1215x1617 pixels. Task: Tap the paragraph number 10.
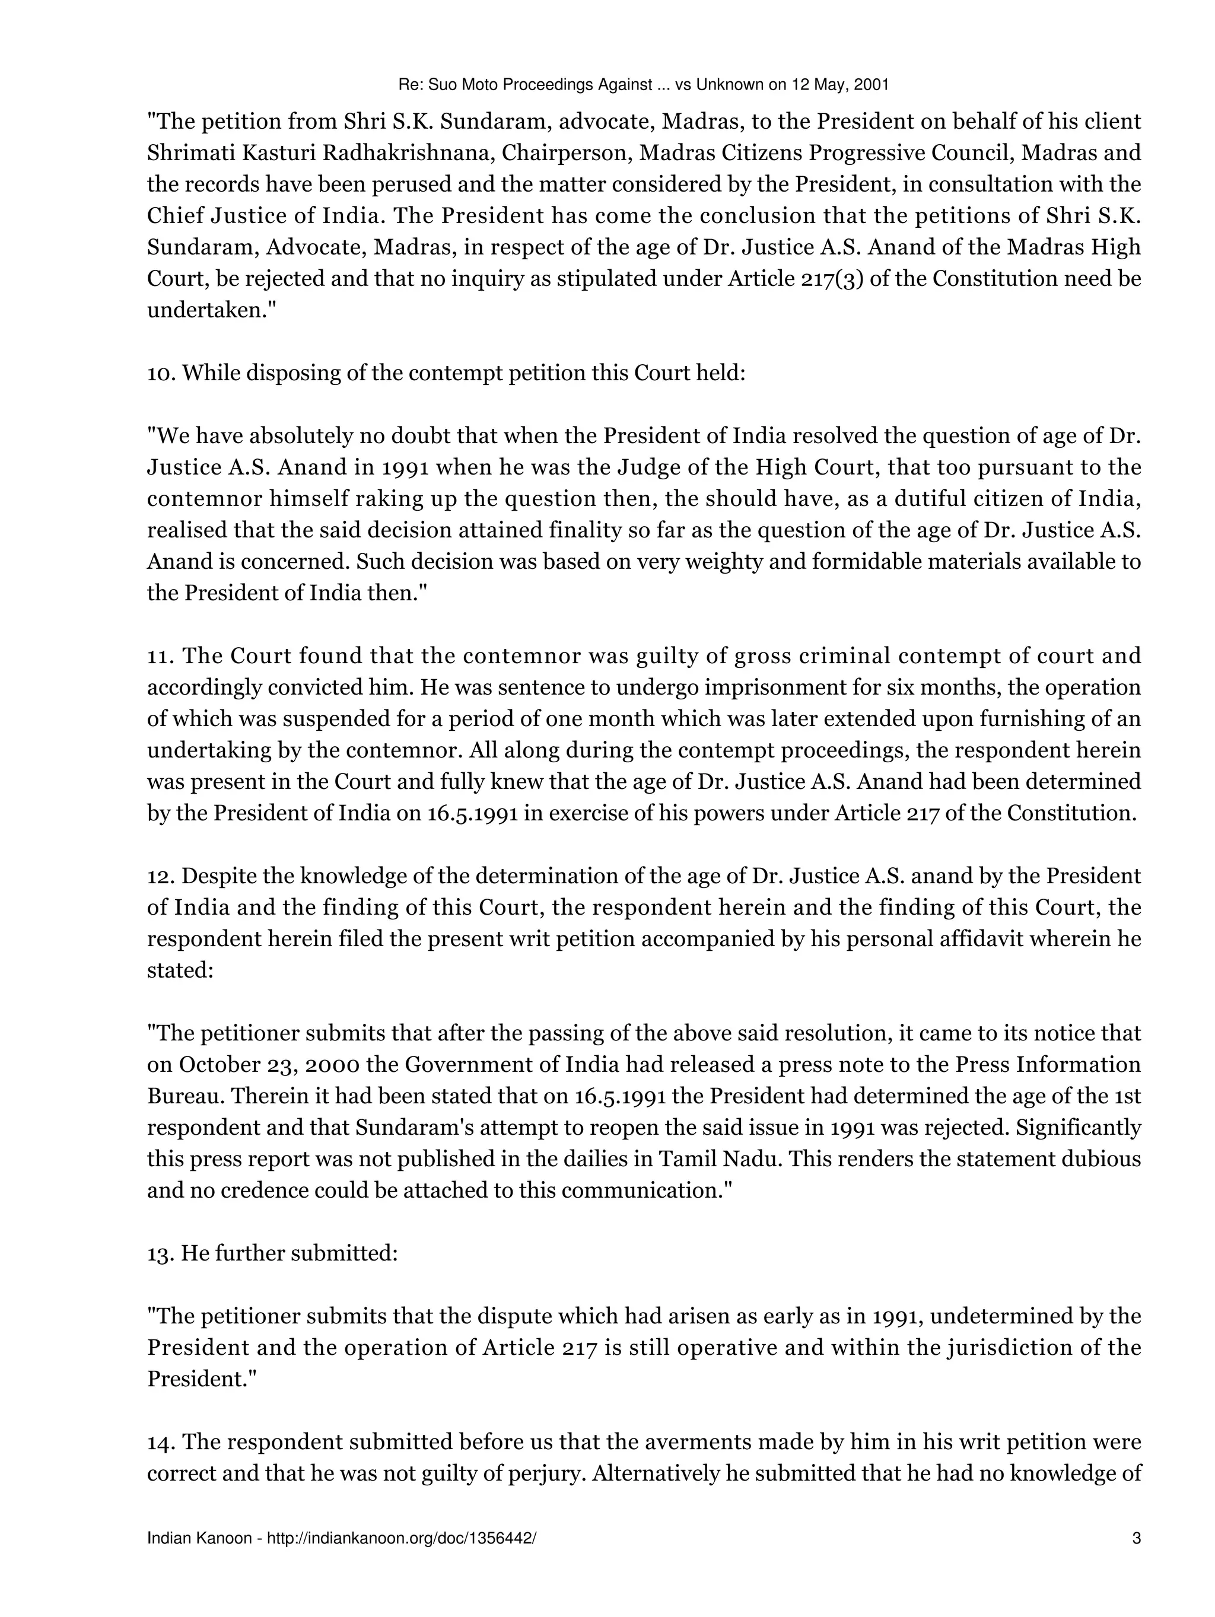[161, 373]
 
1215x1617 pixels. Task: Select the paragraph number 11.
[160, 655]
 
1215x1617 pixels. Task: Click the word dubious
[1099, 1158]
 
